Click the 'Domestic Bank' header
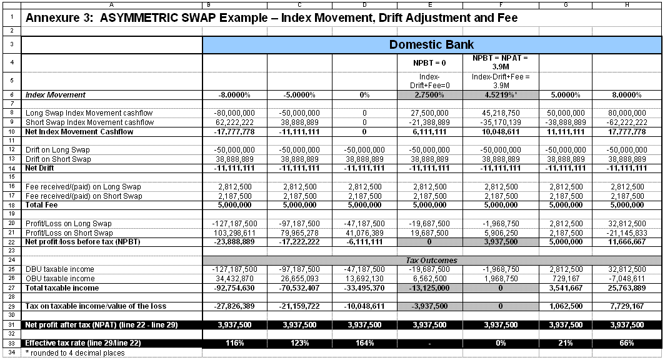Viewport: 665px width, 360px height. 431,44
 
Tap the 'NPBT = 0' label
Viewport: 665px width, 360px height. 428,62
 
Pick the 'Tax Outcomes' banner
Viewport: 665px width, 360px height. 431,260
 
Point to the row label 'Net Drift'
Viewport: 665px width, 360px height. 39,168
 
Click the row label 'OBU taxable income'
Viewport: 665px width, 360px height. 60,279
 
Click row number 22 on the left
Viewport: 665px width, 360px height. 12,242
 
